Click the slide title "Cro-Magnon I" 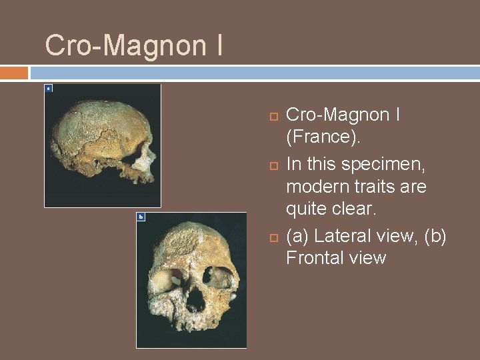pos(133,45)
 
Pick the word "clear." pos(355,209)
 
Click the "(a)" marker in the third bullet pos(297,235)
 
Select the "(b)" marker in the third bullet pos(433,235)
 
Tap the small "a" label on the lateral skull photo pos(48,88)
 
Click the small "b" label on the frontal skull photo pos(140,217)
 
